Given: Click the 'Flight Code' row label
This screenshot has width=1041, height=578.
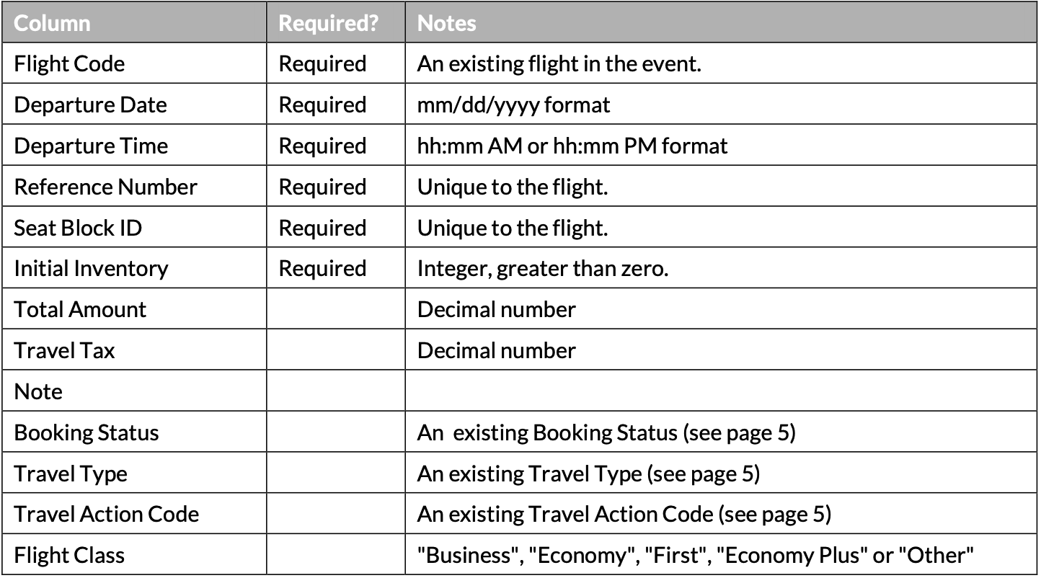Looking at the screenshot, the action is (69, 63).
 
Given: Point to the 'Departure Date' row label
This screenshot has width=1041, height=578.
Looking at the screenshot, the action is (90, 105).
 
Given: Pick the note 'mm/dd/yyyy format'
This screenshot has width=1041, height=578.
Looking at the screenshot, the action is (513, 105).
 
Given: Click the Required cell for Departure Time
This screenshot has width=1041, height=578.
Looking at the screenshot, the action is (322, 146).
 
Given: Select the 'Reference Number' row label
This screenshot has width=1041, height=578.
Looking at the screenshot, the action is (105, 187).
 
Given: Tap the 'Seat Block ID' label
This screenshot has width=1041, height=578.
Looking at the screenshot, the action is (78, 228).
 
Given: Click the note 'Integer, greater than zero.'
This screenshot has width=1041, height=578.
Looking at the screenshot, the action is (543, 269).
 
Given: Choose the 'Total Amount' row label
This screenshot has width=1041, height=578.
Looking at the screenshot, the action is (80, 309).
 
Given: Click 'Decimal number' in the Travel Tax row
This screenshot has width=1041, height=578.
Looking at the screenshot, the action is (496, 350).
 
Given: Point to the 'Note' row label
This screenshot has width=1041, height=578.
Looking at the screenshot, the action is (38, 391).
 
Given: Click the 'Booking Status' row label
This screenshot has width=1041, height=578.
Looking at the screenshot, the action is (87, 432).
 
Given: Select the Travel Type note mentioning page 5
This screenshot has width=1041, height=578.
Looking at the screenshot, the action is (588, 474).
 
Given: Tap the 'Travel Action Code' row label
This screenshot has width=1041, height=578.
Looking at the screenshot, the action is (107, 515).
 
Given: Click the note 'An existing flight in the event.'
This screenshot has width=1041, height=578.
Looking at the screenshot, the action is (559, 64).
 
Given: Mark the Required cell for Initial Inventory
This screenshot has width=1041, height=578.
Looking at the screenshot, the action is (322, 269).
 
